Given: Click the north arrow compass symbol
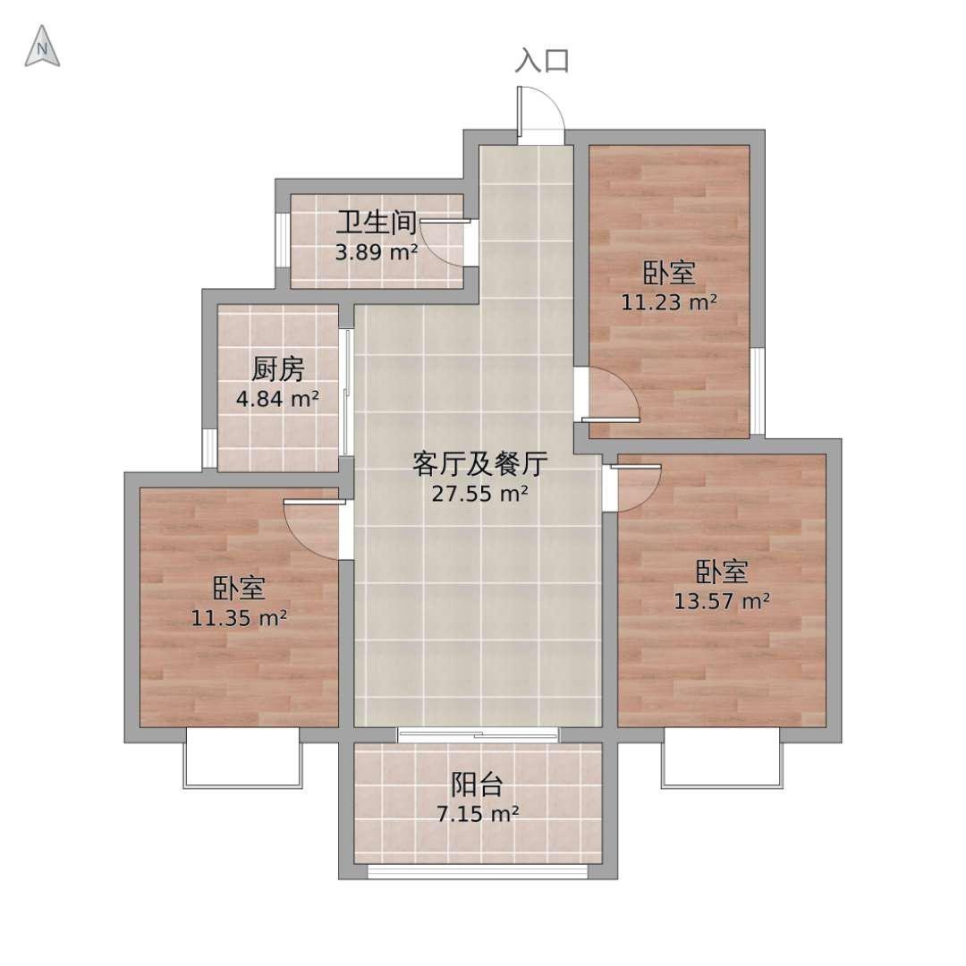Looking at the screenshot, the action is tap(42, 47).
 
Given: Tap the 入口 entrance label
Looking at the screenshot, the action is tap(542, 61).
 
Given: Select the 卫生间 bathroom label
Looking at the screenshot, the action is tap(377, 223).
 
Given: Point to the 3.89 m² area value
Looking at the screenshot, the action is tap(377, 252).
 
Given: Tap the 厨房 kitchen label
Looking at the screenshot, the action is tap(278, 369).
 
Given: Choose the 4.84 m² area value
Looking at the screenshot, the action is tap(278, 399).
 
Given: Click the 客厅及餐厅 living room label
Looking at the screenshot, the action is tap(480, 464).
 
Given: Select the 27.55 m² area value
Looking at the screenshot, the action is tap(480, 494).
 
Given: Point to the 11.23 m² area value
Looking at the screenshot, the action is tap(669, 302).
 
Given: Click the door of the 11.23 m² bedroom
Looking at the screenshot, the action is tap(613, 394).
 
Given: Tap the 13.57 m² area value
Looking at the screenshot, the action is tap(722, 601).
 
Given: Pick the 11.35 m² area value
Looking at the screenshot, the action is tap(239, 618).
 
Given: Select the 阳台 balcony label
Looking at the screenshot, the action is tap(478, 784).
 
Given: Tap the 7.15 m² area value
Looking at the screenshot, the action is tap(478, 814).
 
